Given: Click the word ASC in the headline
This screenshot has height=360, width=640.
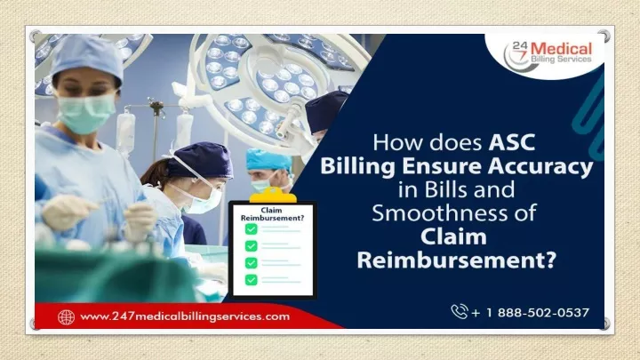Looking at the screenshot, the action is click(x=512, y=142).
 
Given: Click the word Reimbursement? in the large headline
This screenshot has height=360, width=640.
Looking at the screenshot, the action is click(x=457, y=260).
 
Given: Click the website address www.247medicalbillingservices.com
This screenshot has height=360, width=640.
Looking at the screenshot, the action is click(x=185, y=316).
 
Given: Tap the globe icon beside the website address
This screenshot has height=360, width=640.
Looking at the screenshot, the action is click(x=66, y=317).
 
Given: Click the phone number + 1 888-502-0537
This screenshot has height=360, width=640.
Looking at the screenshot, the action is click(x=530, y=313).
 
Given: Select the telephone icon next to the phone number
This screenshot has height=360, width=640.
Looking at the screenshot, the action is click(x=460, y=311).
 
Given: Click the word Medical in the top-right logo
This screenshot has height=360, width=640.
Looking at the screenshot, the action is click(x=561, y=49).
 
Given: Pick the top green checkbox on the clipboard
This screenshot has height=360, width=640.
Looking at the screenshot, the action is click(x=251, y=229).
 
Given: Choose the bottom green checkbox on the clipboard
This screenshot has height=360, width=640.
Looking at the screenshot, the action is click(x=251, y=280).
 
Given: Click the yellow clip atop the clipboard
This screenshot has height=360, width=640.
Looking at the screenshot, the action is click(x=273, y=195).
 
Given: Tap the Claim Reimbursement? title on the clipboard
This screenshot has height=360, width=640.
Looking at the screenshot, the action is click(x=272, y=214).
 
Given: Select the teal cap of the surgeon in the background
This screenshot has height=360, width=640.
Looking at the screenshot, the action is click(x=268, y=160).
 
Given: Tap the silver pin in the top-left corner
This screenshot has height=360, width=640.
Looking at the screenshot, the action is click(x=35, y=36).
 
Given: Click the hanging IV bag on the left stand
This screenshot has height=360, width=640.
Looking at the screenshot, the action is click(x=125, y=133).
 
